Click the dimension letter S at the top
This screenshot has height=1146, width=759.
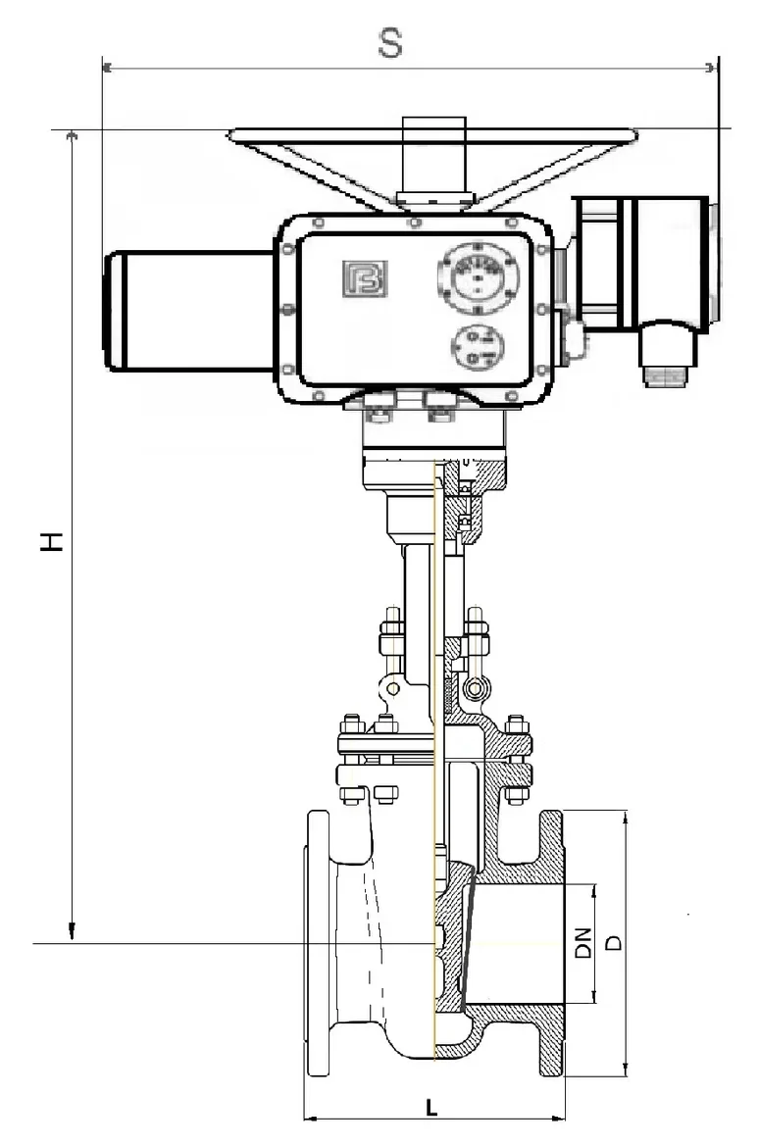click(x=390, y=43)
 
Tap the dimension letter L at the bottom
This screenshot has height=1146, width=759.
click(x=432, y=1108)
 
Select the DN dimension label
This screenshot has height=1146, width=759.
click(x=582, y=943)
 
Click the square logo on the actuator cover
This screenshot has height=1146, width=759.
click(x=365, y=278)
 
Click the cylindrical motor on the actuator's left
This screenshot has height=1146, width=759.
click(x=191, y=310)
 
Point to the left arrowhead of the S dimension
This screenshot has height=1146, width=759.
click(x=108, y=68)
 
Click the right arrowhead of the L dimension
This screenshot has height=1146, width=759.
click(x=559, y=1118)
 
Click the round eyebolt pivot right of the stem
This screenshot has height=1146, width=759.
click(x=476, y=688)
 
